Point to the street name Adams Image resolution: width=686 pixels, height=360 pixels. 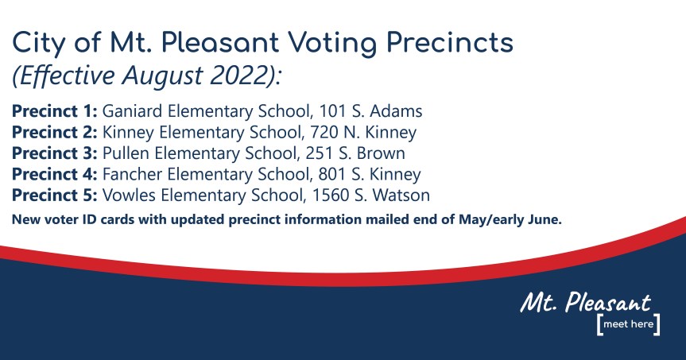pos(402,112)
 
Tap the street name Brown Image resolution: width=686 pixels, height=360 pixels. pos(383,153)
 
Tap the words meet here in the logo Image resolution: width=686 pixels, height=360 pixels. pos(627,325)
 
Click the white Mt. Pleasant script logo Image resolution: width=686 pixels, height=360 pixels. pos(586,303)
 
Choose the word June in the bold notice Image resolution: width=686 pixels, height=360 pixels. pos(545,219)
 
